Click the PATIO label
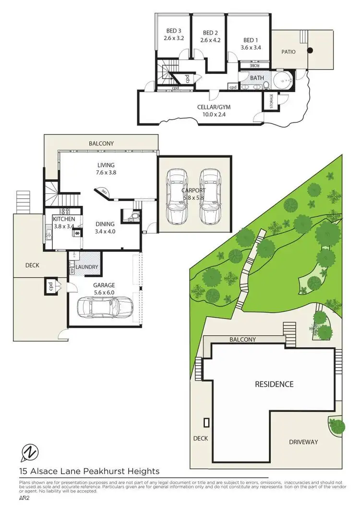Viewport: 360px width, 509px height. [288, 52]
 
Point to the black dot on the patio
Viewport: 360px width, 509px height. [310, 50]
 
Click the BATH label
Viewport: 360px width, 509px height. [257, 77]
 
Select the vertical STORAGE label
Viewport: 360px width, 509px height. [271, 101]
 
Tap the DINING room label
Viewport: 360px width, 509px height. [105, 224]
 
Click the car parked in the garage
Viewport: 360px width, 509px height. [105, 307]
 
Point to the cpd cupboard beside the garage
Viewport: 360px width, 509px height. [50, 286]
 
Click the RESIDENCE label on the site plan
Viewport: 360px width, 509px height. [274, 384]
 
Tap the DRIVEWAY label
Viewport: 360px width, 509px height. [304, 442]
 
